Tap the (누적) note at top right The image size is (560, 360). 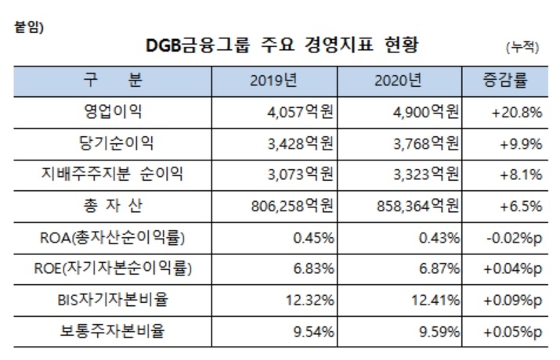522,47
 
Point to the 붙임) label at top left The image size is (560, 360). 30,28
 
